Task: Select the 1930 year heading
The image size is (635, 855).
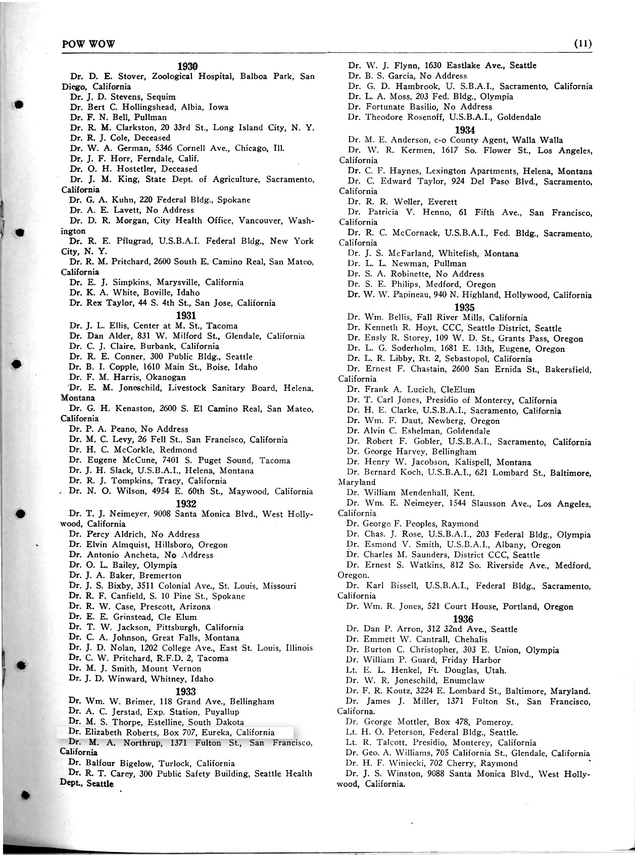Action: tap(187, 66)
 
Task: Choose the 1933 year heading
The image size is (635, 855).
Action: tap(185, 691)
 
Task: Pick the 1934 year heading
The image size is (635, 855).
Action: tap(465, 129)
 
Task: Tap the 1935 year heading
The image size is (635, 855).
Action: tap(464, 307)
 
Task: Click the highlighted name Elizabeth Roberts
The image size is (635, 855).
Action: tap(120, 732)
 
